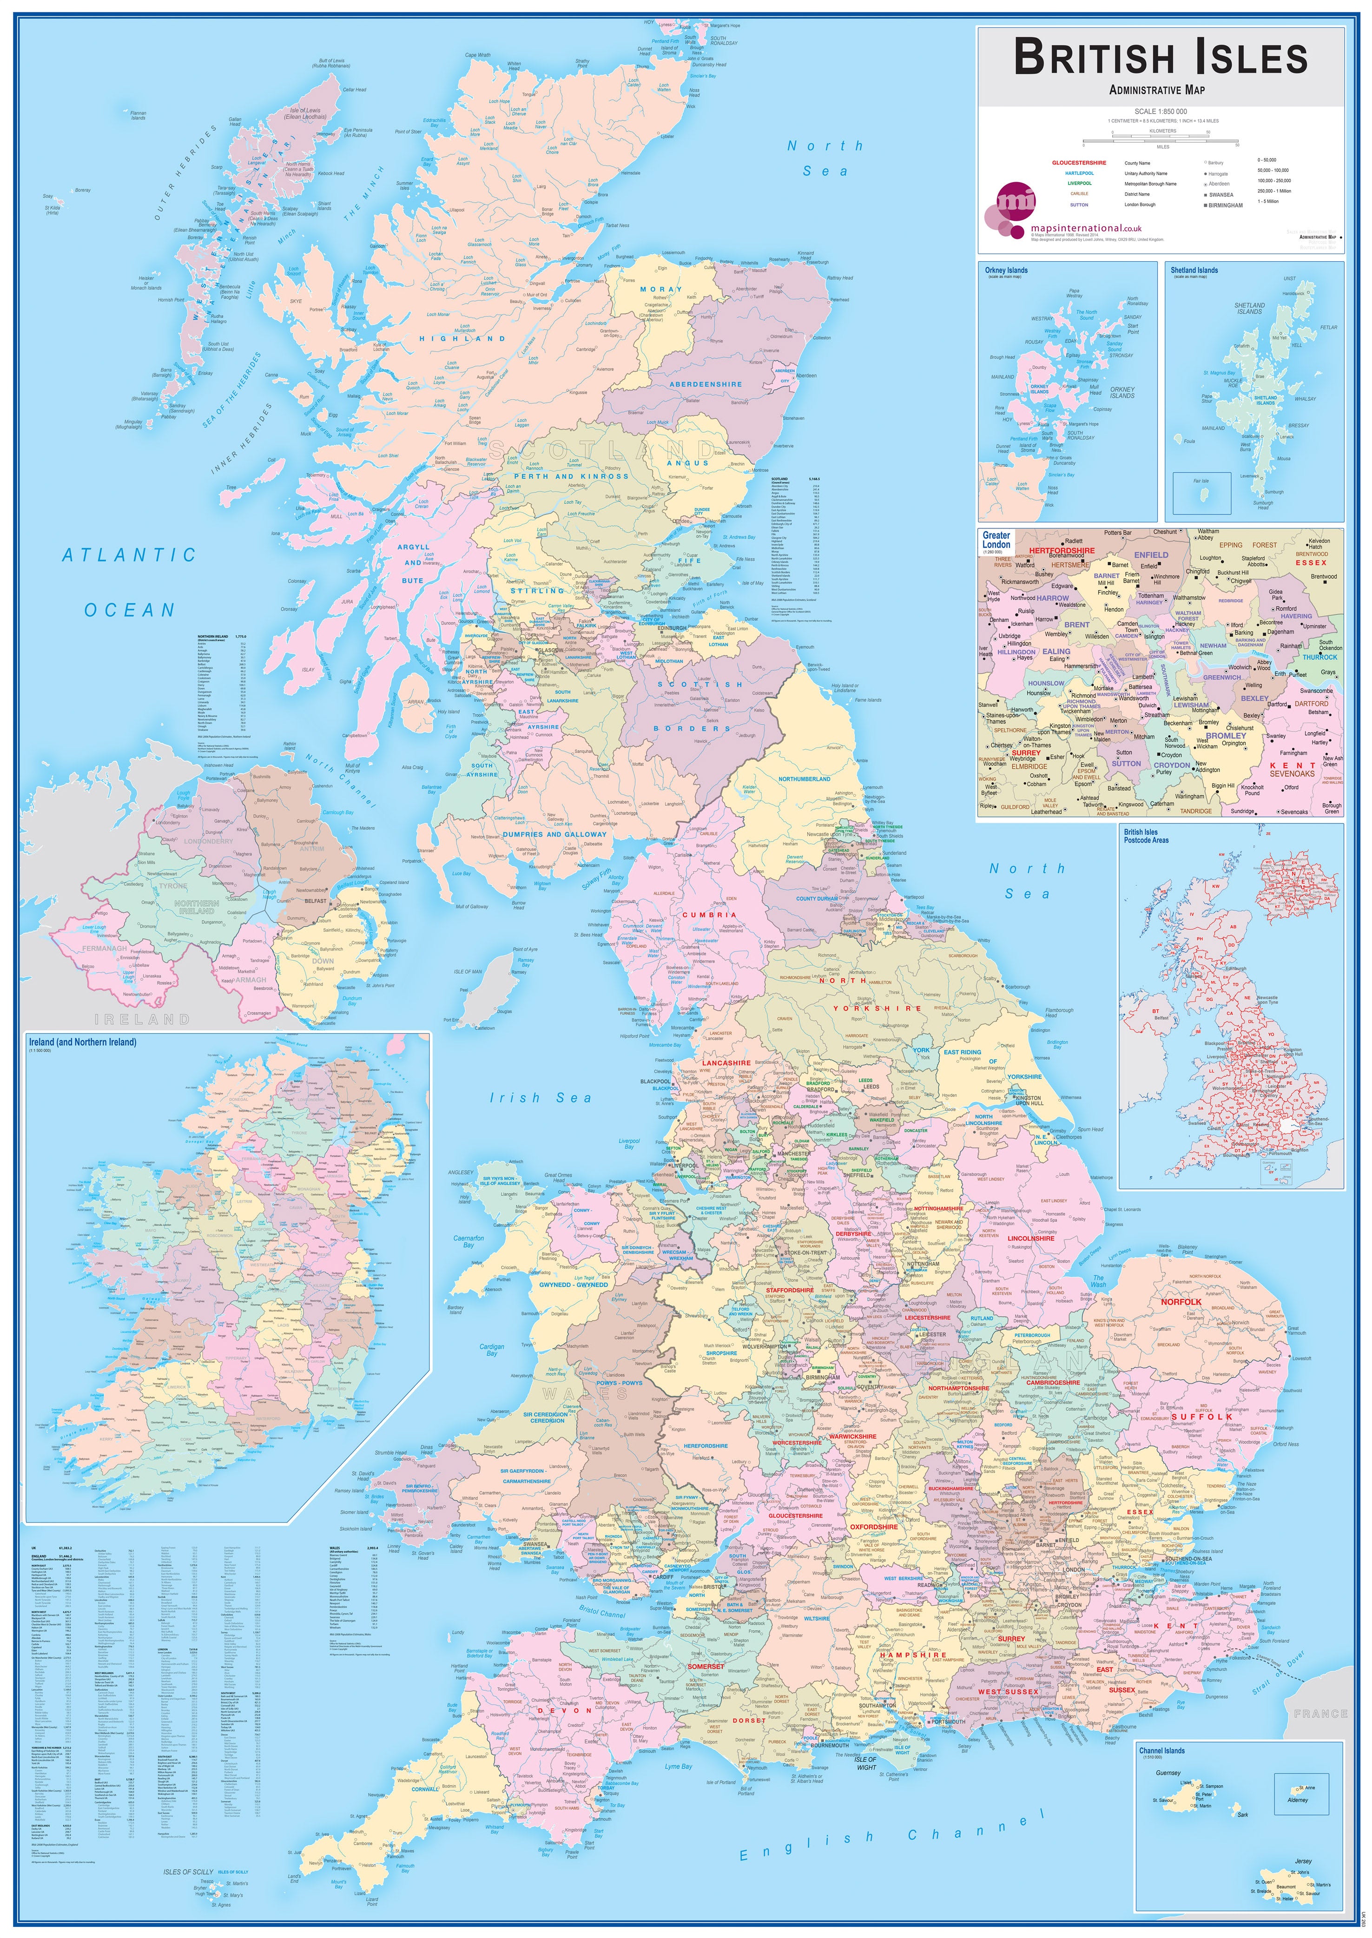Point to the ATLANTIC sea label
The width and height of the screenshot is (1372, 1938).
[129, 555]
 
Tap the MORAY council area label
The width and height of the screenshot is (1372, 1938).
[660, 289]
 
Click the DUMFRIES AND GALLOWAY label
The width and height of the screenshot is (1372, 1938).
[554, 834]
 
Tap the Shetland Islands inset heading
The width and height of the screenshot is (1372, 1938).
[1194, 270]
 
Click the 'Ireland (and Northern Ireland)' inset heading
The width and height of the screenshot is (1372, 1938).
[82, 1042]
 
